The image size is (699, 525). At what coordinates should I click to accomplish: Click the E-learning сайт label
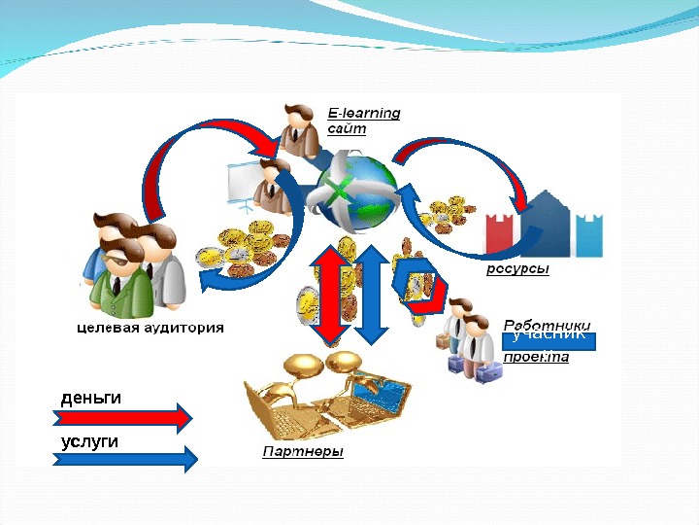coord(363,121)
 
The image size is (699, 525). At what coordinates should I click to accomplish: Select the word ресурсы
coord(517,269)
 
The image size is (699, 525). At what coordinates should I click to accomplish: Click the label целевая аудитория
coord(150,328)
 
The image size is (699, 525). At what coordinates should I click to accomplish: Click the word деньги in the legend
coord(91,398)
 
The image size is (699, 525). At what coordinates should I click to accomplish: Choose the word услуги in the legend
coord(89,441)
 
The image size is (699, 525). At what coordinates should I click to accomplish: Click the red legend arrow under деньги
coord(120,418)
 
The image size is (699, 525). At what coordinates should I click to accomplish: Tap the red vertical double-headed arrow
coord(332,295)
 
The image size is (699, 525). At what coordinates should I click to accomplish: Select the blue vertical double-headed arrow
coord(372,295)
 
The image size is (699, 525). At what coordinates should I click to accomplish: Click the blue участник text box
coord(549,339)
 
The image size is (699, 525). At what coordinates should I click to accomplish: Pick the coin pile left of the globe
coord(243,248)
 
